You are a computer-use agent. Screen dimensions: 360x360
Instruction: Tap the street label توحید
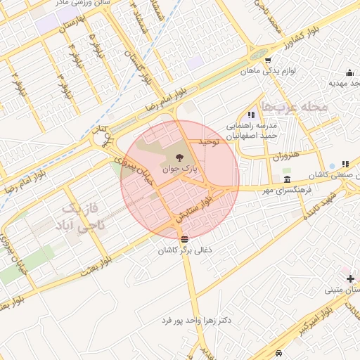[209, 142]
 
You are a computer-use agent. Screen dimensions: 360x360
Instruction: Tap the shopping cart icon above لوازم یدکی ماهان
[268, 60]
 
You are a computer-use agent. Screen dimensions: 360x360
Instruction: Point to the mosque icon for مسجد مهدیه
[349, 72]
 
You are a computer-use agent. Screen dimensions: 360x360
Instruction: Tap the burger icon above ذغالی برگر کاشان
[184, 240]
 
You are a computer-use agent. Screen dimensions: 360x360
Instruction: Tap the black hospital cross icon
[351, 279]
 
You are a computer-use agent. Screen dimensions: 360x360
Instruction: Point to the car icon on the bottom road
[280, 352]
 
